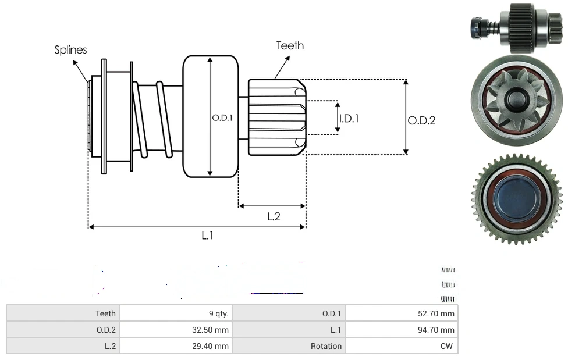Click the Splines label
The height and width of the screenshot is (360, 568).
[70, 50]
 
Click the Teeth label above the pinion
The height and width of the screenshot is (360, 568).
[290, 45]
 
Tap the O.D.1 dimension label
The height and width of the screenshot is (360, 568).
[222, 117]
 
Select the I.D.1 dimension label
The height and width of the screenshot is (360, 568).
[349, 118]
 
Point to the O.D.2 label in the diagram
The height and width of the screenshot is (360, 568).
[421, 120]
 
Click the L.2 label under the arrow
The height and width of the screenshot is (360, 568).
[274, 216]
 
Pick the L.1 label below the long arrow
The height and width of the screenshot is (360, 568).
[208, 236]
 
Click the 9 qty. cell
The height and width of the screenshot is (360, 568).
[219, 313]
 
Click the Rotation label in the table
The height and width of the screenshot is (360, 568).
[326, 346]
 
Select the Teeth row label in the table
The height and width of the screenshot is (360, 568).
[105, 313]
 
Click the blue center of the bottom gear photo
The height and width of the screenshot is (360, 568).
[516, 199]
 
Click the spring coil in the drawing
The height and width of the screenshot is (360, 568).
[152, 119]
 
